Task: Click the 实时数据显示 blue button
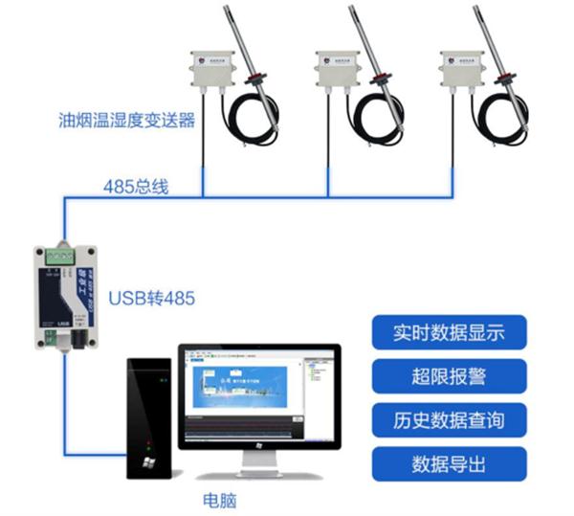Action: (x=448, y=333)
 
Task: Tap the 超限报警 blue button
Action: (x=448, y=376)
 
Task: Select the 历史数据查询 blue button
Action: (x=448, y=420)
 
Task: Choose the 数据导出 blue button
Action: (x=448, y=464)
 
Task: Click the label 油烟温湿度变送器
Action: (x=126, y=122)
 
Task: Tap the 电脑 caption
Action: (x=219, y=499)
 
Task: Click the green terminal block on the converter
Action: (x=61, y=256)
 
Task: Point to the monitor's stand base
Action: (x=258, y=471)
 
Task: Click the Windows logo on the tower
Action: (x=148, y=463)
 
